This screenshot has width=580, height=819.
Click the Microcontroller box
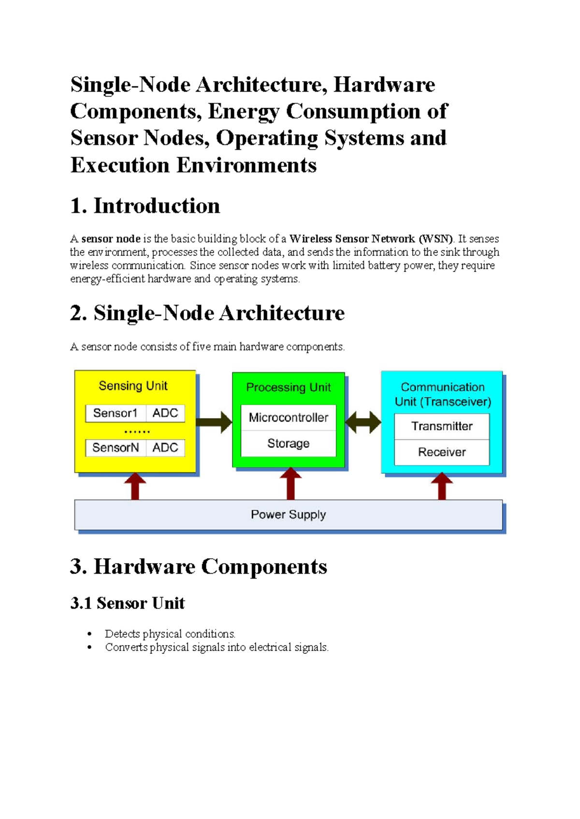(x=289, y=418)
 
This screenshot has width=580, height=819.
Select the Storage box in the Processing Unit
(x=289, y=443)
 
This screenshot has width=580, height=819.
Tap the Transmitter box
(x=442, y=426)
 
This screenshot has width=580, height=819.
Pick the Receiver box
(x=442, y=452)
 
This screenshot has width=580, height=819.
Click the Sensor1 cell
(x=116, y=413)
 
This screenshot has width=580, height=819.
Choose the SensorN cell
(x=116, y=448)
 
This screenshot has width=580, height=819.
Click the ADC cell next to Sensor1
(x=165, y=413)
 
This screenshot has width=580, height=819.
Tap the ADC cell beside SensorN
(x=165, y=448)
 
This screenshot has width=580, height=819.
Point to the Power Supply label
(x=289, y=515)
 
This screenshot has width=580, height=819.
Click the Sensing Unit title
(x=133, y=386)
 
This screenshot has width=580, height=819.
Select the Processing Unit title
(x=289, y=388)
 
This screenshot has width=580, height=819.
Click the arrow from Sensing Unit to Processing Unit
(x=214, y=422)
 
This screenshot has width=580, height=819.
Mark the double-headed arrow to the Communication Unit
(x=363, y=422)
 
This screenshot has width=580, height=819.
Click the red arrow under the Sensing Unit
(x=135, y=486)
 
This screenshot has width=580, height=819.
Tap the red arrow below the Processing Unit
(x=290, y=484)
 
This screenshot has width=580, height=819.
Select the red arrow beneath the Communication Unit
(x=442, y=486)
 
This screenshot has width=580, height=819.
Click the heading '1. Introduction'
(x=145, y=206)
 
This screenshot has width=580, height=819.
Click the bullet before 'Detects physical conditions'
(x=89, y=634)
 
